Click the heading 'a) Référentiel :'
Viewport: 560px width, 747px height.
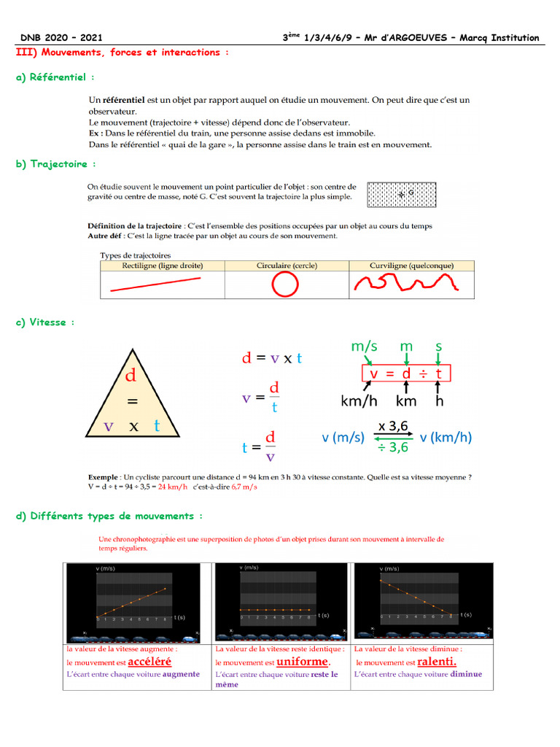pyautogui.click(x=55, y=77)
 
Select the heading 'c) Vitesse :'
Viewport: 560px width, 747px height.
pyautogui.click(x=44, y=322)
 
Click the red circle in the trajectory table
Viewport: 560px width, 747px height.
pyautogui.click(x=285, y=285)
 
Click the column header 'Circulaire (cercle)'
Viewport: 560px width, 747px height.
pyautogui.click(x=287, y=266)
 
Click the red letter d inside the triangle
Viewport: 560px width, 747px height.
pyautogui.click(x=131, y=376)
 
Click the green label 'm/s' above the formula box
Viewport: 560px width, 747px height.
pyautogui.click(x=364, y=347)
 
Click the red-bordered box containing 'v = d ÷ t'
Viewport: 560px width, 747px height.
pyautogui.click(x=406, y=373)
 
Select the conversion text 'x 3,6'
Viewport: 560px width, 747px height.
pyautogui.click(x=392, y=426)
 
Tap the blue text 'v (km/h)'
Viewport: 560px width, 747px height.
pyautogui.click(x=446, y=438)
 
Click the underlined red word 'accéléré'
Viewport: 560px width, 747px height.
pyautogui.click(x=149, y=662)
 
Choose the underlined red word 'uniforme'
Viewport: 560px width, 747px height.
pyautogui.click(x=303, y=662)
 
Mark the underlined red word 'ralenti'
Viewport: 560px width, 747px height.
pyautogui.click(x=437, y=662)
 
